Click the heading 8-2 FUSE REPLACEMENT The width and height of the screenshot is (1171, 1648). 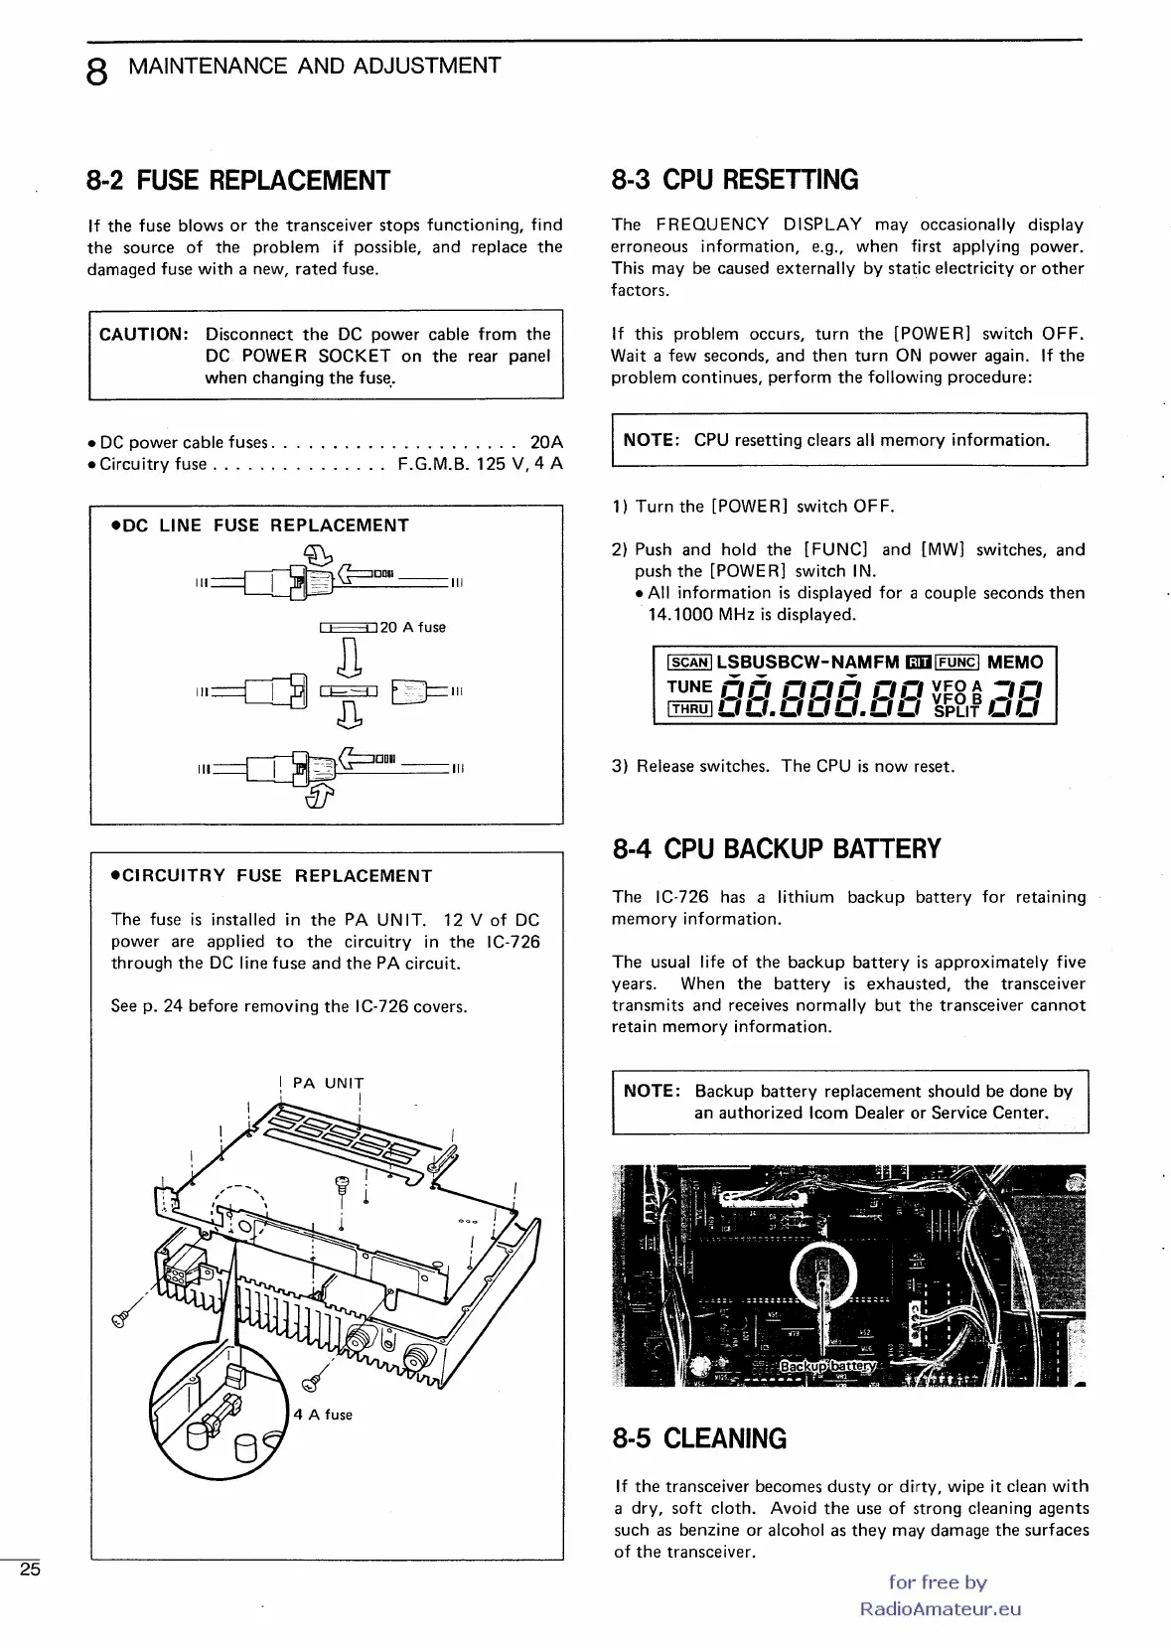pyautogui.click(x=238, y=181)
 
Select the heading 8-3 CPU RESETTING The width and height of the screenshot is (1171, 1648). pyautogui.click(x=735, y=180)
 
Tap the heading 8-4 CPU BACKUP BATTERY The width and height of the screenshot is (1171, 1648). pyautogui.click(x=776, y=849)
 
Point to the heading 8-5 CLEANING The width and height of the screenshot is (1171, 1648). pyautogui.click(x=699, y=1438)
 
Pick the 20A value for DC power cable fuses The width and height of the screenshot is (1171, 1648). pyautogui.click(x=546, y=442)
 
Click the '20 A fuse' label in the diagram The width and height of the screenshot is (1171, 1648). pyautogui.click(x=413, y=628)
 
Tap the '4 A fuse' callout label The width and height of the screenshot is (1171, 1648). pyautogui.click(x=323, y=1415)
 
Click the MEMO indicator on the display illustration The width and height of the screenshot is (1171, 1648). pyautogui.click(x=1015, y=663)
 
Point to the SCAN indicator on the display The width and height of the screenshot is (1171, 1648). pyautogui.click(x=689, y=664)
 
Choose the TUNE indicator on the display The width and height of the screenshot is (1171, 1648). pyautogui.click(x=689, y=686)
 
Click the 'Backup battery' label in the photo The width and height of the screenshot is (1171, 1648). pyautogui.click(x=828, y=1365)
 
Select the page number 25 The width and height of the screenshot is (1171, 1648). pyautogui.click(x=30, y=1570)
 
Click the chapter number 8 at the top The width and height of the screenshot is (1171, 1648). pyautogui.click(x=96, y=72)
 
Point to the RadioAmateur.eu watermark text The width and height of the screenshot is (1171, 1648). pyautogui.click(x=940, y=1609)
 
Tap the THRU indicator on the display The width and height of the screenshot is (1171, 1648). pyautogui.click(x=689, y=709)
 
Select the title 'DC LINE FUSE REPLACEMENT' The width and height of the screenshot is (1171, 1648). pyautogui.click(x=261, y=525)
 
